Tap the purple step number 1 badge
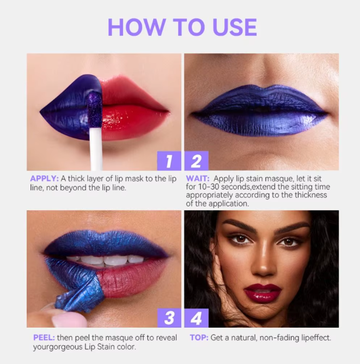click(x=169, y=161)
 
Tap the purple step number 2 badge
click(x=197, y=161)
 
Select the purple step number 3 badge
click(x=169, y=317)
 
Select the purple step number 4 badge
click(x=197, y=317)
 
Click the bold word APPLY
click(x=44, y=178)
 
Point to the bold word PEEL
click(x=42, y=337)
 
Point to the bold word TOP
click(x=198, y=338)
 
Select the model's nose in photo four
click(x=263, y=266)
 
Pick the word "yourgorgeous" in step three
click(x=56, y=346)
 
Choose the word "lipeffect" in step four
click(x=312, y=338)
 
